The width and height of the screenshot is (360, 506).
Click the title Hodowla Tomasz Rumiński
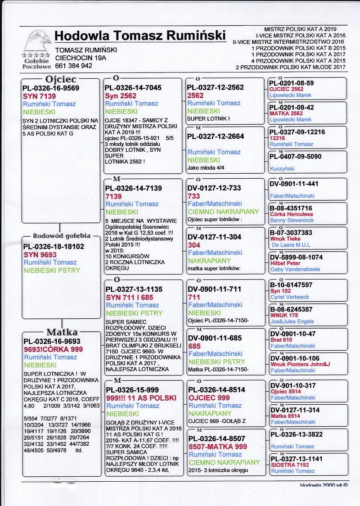click(x=140, y=36)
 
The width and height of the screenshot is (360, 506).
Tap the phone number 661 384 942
click(x=74, y=66)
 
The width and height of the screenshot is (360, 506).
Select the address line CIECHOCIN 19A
click(x=81, y=58)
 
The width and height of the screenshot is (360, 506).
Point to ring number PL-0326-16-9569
click(x=51, y=88)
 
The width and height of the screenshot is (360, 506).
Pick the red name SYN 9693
click(x=40, y=254)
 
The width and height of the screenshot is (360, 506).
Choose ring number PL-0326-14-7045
click(x=133, y=88)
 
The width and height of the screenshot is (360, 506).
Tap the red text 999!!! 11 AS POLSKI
click(x=141, y=398)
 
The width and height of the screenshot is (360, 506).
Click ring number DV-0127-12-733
click(x=214, y=188)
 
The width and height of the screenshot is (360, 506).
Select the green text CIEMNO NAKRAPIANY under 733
click(x=223, y=212)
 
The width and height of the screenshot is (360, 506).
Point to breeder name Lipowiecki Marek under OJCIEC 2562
click(x=291, y=95)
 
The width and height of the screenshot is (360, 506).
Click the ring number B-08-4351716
click(x=291, y=208)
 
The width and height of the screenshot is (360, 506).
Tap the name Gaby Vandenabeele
click(x=296, y=269)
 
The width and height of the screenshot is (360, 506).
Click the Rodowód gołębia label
click(x=62, y=235)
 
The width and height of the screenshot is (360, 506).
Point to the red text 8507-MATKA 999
click(x=218, y=447)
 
